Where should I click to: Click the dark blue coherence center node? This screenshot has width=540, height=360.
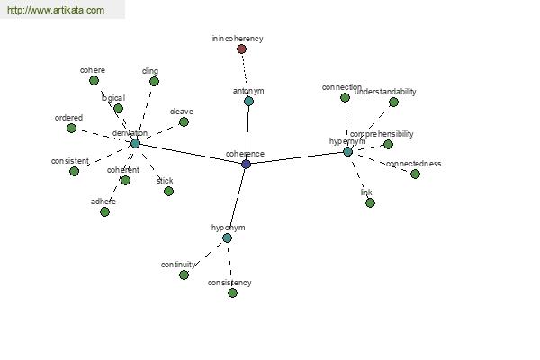[x=246, y=164]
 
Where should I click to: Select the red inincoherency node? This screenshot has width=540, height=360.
[x=241, y=49]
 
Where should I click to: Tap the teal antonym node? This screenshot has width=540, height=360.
[x=248, y=101]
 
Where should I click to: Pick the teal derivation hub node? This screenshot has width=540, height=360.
[x=135, y=143]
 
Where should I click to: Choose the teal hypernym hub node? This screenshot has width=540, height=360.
[x=347, y=151]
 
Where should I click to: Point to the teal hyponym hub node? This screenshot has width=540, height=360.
[x=227, y=238]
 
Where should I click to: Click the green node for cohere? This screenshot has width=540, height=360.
[x=94, y=80]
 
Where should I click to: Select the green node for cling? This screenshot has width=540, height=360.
[x=154, y=81]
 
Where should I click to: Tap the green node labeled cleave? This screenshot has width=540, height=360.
[x=184, y=121]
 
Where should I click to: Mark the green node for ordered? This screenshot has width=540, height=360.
[x=71, y=128]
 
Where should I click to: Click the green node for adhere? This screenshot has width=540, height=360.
[x=104, y=211]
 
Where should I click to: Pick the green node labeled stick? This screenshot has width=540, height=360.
[x=168, y=191]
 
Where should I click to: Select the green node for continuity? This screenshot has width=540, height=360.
[x=184, y=274]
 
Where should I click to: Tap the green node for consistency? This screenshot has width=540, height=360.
[x=232, y=292]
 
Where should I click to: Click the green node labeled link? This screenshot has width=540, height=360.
[x=370, y=202]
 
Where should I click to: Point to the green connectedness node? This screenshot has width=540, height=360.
[x=415, y=174]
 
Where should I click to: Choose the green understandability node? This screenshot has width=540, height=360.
[x=393, y=102]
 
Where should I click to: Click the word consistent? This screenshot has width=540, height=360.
[x=69, y=161]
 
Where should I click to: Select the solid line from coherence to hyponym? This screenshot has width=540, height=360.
[x=237, y=200]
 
